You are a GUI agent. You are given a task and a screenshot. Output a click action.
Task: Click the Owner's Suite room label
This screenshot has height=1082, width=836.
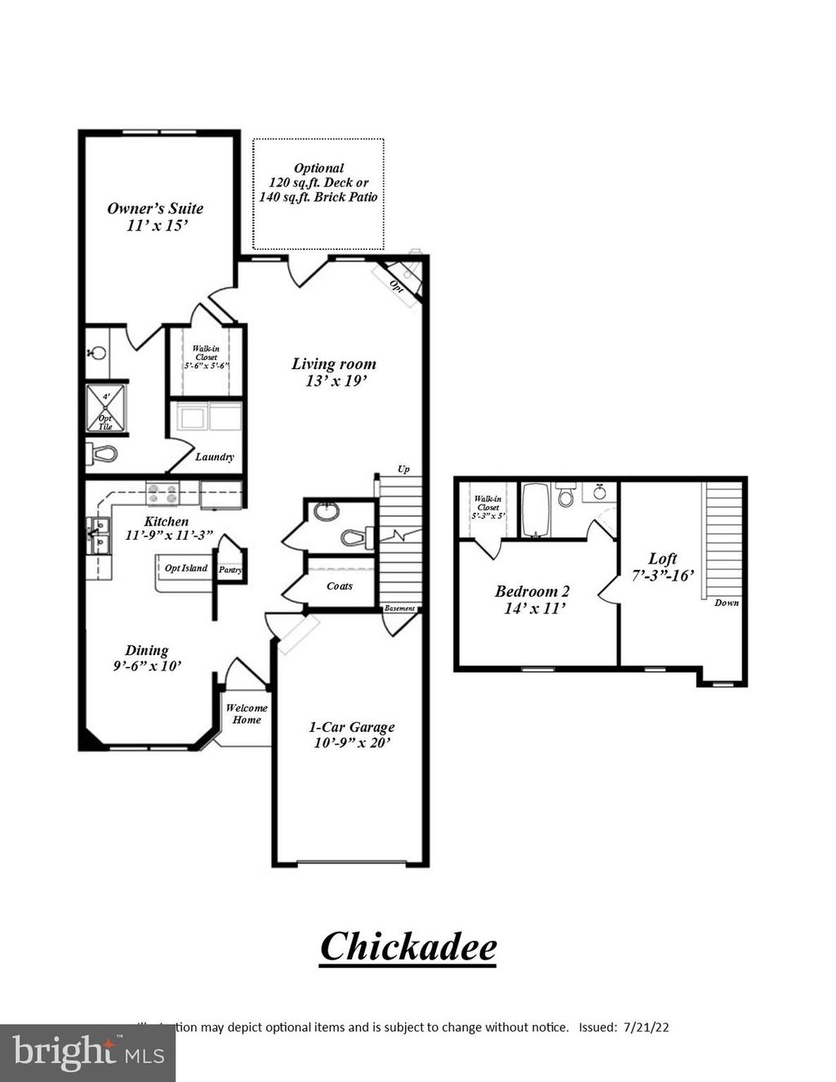[155, 216]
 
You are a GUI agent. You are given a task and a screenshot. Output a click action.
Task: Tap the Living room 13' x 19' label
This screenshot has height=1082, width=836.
[334, 372]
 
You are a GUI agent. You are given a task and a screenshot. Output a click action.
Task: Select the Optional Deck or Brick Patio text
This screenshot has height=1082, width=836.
[318, 183]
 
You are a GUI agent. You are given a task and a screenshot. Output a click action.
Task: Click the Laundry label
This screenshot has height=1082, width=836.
[215, 457]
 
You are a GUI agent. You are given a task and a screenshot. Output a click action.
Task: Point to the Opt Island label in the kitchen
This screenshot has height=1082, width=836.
[186, 568]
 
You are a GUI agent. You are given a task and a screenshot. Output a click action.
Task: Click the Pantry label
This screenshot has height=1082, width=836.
[230, 570]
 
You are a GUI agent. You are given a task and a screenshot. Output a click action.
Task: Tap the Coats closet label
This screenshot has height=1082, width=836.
[340, 586]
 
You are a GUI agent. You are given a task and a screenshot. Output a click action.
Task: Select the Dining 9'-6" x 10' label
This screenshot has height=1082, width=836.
[148, 657]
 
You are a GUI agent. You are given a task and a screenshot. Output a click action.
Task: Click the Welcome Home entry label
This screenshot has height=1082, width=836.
[247, 714]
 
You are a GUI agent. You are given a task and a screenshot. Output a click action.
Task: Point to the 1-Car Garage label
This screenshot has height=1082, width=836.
[351, 734]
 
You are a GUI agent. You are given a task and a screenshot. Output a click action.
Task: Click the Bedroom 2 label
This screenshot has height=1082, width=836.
[532, 599]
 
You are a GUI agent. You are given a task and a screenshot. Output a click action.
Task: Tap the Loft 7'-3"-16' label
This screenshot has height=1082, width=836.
[662, 567]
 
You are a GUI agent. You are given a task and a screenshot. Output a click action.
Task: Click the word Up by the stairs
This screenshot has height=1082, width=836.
[403, 470]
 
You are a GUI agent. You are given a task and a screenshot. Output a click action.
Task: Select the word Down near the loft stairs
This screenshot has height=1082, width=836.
[726, 603]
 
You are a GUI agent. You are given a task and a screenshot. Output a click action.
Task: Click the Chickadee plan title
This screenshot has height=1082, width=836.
[408, 947]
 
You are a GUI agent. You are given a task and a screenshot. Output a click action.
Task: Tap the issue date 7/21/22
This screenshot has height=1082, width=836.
[645, 1027]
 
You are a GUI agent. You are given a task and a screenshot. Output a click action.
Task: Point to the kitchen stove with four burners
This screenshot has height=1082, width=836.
[162, 493]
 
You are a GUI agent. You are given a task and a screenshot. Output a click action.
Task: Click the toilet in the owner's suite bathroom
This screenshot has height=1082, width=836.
[101, 453]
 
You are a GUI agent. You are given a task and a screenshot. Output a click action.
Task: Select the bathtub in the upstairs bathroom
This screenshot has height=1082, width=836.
[536, 510]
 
